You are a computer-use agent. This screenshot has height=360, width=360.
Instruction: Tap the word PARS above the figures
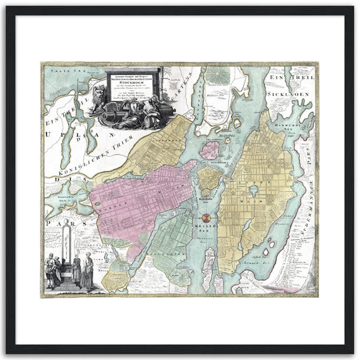click(x=55, y=218)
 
